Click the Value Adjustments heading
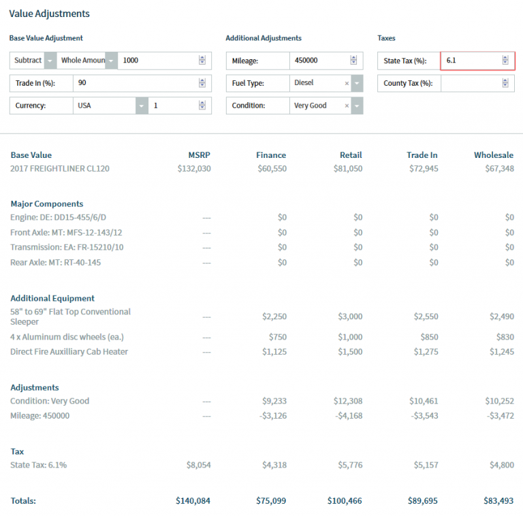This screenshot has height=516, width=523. click(x=49, y=14)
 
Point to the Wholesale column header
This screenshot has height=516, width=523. click(x=493, y=155)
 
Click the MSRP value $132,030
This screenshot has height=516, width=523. click(x=194, y=169)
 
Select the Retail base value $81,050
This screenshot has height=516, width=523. click(x=347, y=169)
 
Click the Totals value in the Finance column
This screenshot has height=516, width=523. click(x=271, y=501)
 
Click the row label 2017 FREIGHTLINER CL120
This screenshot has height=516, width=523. click(x=60, y=169)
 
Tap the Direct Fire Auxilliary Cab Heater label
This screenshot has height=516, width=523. click(x=69, y=352)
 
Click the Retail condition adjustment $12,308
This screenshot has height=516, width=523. click(x=347, y=402)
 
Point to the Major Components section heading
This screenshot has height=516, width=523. click(x=47, y=204)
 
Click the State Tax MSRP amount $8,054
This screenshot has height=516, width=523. click(x=198, y=464)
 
